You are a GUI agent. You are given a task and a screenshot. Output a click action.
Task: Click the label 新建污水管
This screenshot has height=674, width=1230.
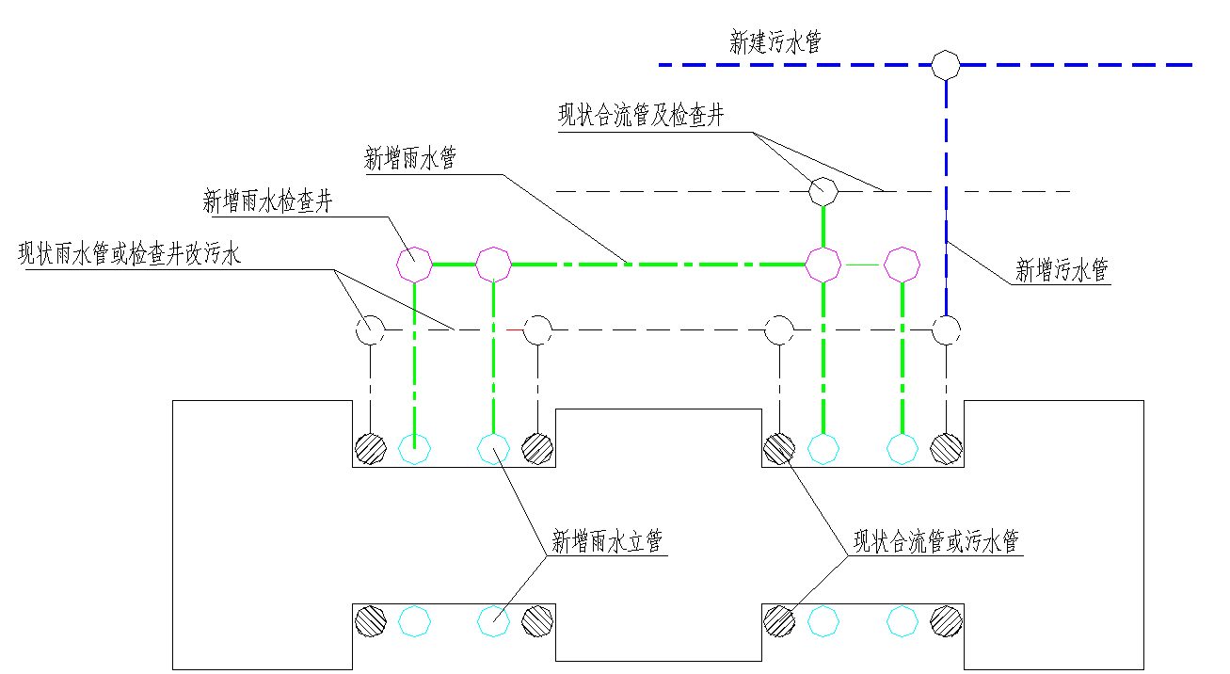coord(775,41)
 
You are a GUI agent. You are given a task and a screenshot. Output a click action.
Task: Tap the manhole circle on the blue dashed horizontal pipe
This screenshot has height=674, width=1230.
coord(945,65)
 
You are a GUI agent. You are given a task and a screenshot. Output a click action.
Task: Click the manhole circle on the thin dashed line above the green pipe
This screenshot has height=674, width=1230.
coord(823,191)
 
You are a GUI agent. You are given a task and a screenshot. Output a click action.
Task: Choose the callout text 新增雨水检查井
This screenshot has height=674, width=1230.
coord(267,201)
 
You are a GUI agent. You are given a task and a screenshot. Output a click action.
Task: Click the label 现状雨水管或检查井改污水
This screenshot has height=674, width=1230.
coord(130,254)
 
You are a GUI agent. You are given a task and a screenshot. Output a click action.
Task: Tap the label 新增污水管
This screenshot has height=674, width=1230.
coord(1062,271)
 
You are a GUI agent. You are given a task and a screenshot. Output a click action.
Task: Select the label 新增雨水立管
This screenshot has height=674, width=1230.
coord(607,541)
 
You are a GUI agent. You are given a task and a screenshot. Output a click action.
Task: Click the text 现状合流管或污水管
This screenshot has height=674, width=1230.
coord(935,541)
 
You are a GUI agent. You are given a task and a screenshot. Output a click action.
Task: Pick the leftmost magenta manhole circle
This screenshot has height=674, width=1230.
coord(415,265)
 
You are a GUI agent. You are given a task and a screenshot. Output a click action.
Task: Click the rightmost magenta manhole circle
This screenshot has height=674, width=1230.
coord(902,265)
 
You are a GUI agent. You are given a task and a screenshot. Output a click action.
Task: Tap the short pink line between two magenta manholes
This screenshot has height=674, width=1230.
coord(862,266)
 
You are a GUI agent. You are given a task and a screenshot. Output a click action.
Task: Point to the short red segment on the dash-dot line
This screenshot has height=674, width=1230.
coord(514,330)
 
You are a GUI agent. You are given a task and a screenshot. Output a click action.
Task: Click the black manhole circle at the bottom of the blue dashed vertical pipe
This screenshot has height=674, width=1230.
coord(945,329)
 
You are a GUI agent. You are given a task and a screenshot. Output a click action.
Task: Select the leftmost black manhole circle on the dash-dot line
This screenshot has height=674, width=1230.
coord(370,329)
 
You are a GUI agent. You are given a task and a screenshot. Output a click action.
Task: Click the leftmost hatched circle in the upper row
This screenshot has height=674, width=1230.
coord(370,449)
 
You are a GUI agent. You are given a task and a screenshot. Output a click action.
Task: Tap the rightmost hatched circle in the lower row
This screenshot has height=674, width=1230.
coord(945,620)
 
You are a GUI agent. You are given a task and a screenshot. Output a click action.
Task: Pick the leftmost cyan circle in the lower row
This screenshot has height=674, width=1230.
coord(414,620)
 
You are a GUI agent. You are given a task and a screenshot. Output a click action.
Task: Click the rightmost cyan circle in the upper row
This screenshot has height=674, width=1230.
coord(902,449)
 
